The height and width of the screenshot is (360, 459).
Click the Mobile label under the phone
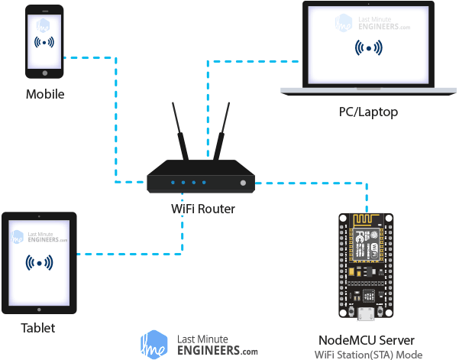pyautogui.click(x=45, y=95)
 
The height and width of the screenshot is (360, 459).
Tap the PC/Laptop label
pyautogui.click(x=368, y=112)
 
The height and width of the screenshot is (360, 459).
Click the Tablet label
pyautogui.click(x=38, y=328)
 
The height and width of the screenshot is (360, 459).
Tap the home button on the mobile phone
pyautogui.click(x=45, y=74)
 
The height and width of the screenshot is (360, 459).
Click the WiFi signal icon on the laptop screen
pyautogui.click(x=369, y=48)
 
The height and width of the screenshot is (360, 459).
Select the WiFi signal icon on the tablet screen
pyautogui.click(x=39, y=263)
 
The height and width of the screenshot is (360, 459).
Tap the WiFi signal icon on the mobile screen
pyautogui.click(x=45, y=41)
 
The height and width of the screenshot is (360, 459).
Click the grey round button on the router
pyautogui.click(x=243, y=183)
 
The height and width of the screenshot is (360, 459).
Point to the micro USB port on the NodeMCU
pyautogui.click(x=366, y=313)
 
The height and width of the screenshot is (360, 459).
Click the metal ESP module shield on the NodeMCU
pyautogui.click(x=367, y=245)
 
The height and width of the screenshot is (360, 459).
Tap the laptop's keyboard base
pyautogui.click(x=368, y=90)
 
